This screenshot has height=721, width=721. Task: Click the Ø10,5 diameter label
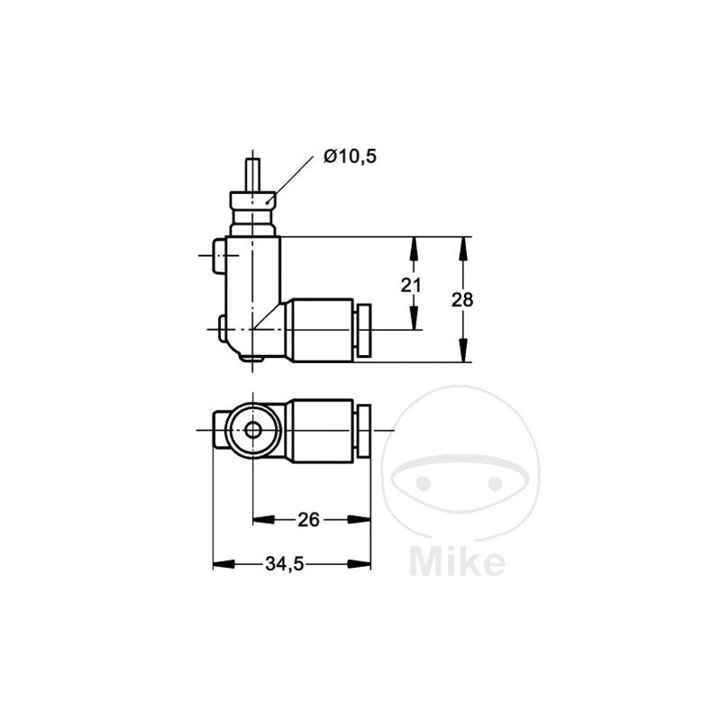point(350,158)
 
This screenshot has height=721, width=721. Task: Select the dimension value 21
point(412,285)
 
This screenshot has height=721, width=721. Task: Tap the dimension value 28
point(462,300)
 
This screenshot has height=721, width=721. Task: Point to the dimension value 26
point(309,519)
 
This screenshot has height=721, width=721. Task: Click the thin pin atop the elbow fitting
point(253,173)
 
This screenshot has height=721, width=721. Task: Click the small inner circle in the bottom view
point(253,431)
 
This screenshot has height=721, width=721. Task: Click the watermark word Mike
point(457,561)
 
